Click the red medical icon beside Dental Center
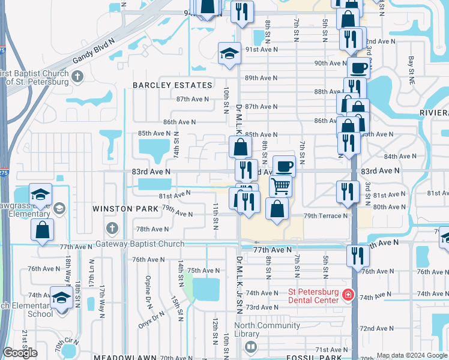point(348,295)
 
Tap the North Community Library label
point(267,329)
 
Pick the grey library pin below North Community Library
point(251,347)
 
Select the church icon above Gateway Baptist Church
point(112,228)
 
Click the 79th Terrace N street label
point(326,216)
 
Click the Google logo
point(20,353)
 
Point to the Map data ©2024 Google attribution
point(412,356)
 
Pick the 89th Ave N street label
point(261,78)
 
